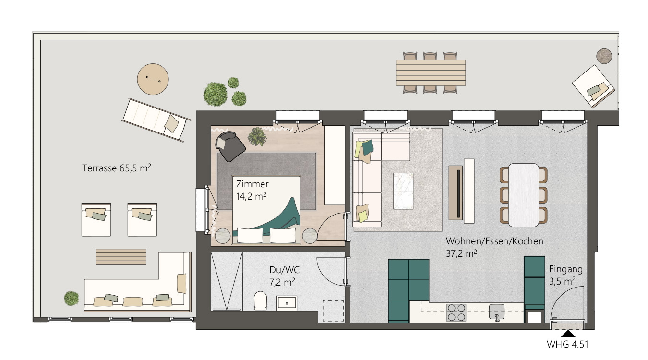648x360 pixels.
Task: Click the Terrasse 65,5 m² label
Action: point(116,168)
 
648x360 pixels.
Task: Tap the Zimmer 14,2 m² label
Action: point(252,190)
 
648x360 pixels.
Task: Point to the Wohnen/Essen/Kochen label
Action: point(494,241)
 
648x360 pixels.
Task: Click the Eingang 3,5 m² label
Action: point(566,275)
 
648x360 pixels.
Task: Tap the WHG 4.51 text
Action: point(567,344)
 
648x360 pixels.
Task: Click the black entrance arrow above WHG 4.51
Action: point(568,334)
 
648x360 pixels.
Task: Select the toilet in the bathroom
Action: point(260,300)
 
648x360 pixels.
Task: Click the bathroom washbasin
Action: point(287,303)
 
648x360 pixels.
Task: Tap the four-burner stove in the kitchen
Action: point(456,312)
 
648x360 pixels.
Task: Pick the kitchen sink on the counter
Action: point(497,312)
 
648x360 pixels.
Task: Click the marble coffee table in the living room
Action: point(403,191)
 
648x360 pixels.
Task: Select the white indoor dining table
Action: point(524,195)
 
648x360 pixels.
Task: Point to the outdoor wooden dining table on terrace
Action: point(431,72)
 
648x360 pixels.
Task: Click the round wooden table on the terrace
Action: point(153,79)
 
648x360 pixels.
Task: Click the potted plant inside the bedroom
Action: point(257,137)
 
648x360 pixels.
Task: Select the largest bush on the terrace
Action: point(215,95)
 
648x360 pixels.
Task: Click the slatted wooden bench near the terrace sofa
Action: point(121,257)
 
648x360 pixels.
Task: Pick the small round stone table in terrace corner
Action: point(604,56)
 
